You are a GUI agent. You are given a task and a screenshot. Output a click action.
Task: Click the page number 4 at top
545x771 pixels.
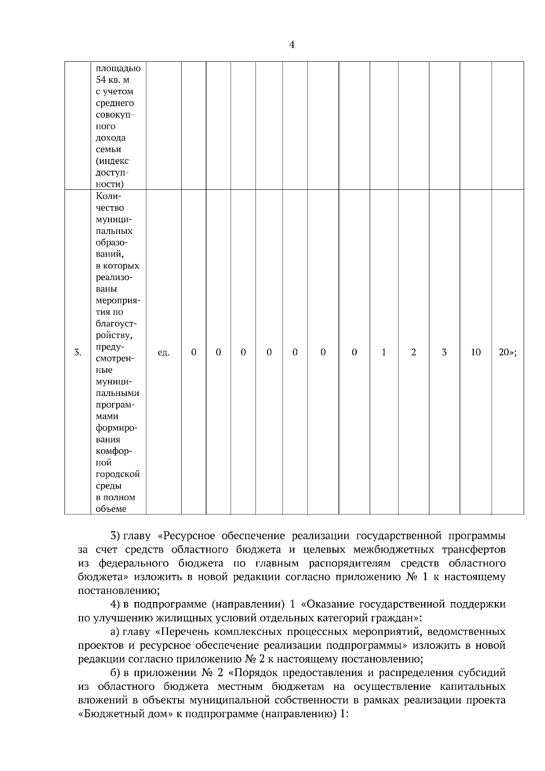(292, 44)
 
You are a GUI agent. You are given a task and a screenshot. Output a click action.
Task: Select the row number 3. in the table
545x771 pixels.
(78, 352)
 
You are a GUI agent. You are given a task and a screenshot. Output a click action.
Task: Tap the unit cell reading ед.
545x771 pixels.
(163, 352)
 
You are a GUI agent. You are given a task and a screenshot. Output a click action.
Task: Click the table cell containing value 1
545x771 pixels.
(384, 352)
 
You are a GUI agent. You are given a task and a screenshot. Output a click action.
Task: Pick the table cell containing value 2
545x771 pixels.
(413, 352)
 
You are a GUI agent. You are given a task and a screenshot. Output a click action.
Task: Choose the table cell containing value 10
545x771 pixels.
(476, 352)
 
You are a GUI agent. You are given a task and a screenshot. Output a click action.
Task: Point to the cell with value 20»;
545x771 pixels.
(508, 352)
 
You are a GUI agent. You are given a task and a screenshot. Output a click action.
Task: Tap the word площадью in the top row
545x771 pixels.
(118, 69)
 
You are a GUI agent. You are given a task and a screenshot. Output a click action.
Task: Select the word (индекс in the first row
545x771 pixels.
(112, 161)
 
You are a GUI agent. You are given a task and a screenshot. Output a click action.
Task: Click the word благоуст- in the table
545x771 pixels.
(116, 324)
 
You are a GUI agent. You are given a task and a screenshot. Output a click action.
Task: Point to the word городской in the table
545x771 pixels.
(118, 474)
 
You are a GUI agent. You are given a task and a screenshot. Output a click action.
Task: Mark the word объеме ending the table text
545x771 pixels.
(111, 509)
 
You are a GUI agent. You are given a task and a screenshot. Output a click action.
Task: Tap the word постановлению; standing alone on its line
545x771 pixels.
(119, 591)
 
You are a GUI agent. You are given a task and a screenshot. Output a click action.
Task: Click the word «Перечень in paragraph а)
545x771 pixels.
(182, 632)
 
